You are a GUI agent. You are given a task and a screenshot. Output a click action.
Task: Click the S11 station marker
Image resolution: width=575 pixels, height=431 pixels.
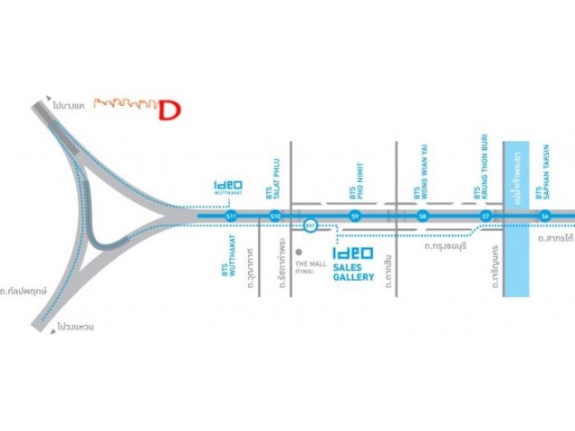[232, 216]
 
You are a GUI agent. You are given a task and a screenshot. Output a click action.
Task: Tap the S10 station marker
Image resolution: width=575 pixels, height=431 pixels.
[275, 216]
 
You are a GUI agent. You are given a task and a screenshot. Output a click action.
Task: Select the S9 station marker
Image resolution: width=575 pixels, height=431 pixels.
[356, 216]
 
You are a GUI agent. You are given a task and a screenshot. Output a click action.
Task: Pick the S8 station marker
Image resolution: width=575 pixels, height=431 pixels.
[422, 216]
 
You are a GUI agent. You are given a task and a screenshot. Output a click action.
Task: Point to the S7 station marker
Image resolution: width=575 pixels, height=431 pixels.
[485, 216]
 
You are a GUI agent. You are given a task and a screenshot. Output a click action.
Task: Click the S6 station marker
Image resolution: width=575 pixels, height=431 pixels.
[544, 216]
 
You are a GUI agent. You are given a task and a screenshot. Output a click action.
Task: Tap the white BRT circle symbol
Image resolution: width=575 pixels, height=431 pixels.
[311, 224]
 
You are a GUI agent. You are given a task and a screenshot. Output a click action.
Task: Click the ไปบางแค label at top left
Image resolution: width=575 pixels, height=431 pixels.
[68, 105]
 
